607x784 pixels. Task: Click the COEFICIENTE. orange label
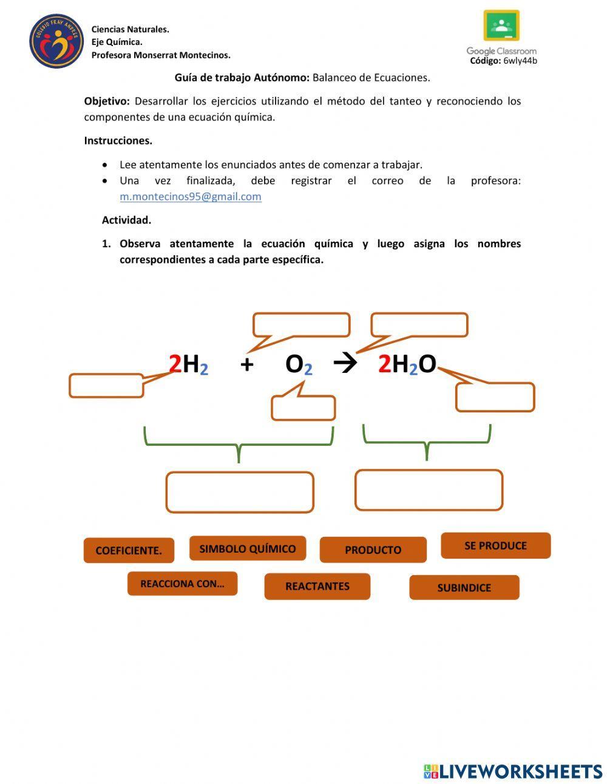click(x=129, y=550)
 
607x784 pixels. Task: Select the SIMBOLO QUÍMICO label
click(x=248, y=548)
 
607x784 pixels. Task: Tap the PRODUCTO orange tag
click(x=373, y=550)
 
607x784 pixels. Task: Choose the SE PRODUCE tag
click(x=495, y=545)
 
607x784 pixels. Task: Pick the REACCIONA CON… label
click(x=182, y=584)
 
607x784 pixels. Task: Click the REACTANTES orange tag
click(x=317, y=586)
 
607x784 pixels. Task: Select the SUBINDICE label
click(x=464, y=587)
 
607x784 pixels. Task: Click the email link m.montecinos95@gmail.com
click(x=191, y=197)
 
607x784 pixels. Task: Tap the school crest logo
click(x=56, y=41)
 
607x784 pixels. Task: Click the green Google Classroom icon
click(x=501, y=26)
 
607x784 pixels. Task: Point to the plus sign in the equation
click(x=246, y=364)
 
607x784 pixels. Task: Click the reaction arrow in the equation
click(x=345, y=364)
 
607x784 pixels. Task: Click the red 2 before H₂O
click(x=384, y=364)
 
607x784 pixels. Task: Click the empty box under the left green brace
click(x=240, y=492)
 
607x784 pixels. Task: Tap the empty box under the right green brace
click(x=429, y=489)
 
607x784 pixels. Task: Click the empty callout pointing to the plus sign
click(x=302, y=325)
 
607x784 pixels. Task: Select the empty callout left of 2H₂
click(x=106, y=386)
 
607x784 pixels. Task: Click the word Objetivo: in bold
click(x=107, y=101)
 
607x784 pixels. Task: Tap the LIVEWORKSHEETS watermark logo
click(x=513, y=771)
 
